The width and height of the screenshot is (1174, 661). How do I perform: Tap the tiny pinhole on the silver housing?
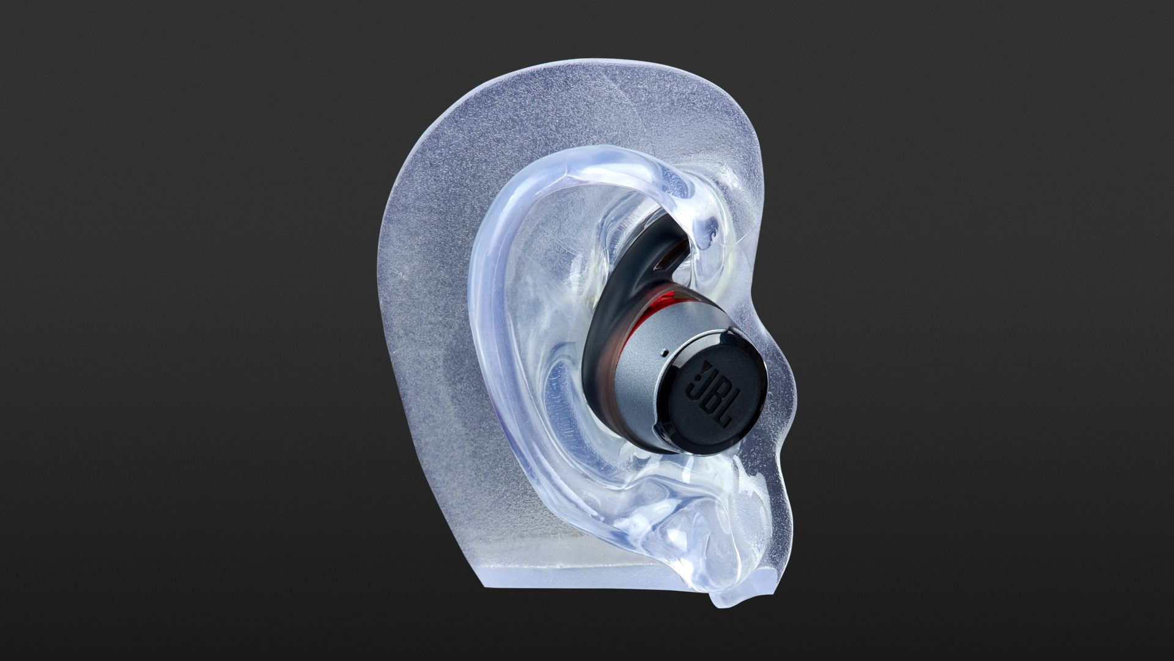point(664,353)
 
